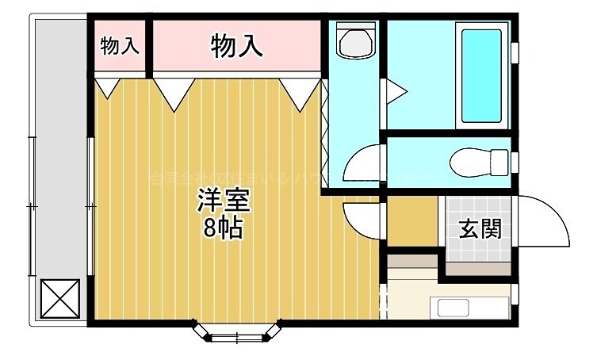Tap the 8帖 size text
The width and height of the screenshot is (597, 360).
point(224,228)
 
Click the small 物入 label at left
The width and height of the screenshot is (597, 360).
point(120,46)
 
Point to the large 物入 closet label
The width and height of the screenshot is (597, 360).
point(236,46)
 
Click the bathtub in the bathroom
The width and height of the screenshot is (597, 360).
point(481,75)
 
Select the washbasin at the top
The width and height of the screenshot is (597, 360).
point(356,41)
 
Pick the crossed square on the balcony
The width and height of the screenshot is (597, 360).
point(59,299)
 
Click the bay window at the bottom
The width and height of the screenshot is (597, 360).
point(236,331)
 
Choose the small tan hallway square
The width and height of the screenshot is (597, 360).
point(411,222)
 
